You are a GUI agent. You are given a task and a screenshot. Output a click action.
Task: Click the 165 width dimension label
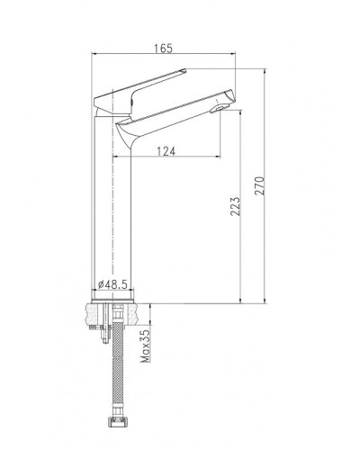point(162,48)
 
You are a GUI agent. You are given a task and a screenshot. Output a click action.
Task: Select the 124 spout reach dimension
point(165,151)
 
